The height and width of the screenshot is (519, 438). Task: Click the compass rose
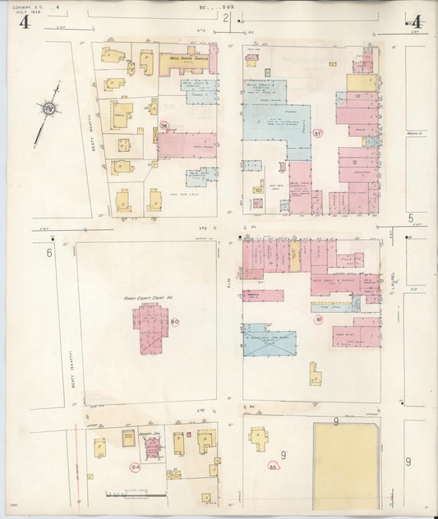[50, 108]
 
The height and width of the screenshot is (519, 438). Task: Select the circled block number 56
[164, 125]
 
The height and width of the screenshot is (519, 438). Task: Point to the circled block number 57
[318, 131]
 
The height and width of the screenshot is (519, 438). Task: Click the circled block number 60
[175, 321]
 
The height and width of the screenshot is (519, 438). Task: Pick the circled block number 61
[319, 319]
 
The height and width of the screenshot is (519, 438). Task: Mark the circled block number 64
[135, 466]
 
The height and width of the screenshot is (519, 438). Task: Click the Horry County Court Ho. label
[141, 296]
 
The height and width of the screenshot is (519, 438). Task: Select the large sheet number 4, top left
[25, 22]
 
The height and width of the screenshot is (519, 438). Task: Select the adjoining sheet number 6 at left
[49, 254]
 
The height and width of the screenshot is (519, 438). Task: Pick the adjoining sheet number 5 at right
[410, 218]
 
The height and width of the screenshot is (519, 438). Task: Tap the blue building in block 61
[269, 343]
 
